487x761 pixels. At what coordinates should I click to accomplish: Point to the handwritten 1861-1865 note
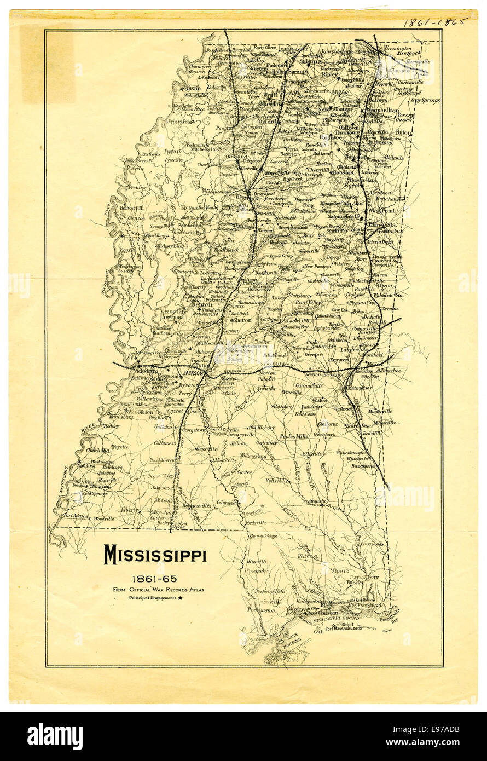436,22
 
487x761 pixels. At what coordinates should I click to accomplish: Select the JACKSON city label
193,373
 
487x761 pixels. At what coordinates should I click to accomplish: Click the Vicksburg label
145,371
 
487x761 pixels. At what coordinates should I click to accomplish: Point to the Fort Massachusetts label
344,628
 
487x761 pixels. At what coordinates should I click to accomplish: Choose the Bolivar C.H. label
131,208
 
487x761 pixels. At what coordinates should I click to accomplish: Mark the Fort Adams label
76,515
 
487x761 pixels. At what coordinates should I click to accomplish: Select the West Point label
381,210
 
